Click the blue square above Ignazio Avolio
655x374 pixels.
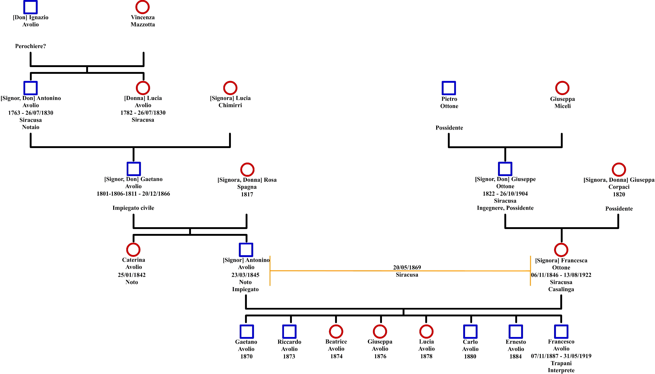pos(24,7)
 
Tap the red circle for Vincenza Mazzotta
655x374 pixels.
pos(136,7)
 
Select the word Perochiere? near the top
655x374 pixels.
pos(30,46)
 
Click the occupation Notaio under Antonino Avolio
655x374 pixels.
pos(30,127)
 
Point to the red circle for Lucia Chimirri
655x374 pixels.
pos(224,88)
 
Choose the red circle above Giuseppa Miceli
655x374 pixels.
pos(556,88)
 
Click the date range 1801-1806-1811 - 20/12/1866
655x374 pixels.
pos(133,194)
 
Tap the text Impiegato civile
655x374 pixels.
pos(133,208)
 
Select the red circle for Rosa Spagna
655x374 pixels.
pos(241,170)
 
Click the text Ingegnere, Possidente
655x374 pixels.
pos(505,208)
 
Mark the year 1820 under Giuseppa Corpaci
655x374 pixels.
pos(619,194)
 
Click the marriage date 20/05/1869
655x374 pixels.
pos(407,267)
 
